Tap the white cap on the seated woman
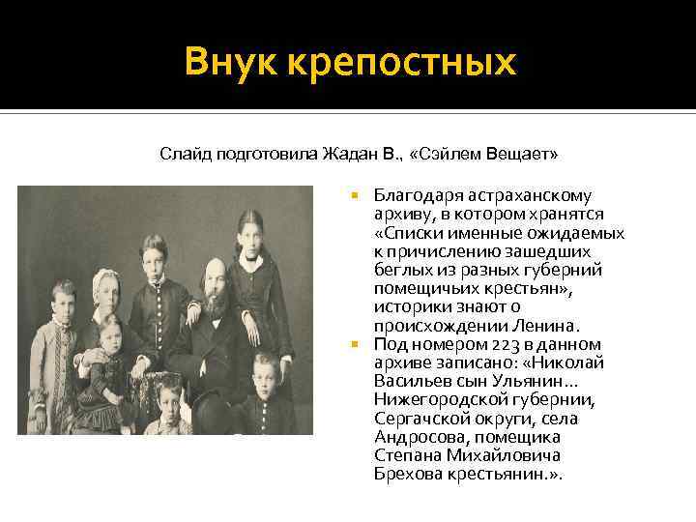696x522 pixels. pyautogui.click(x=103, y=280)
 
